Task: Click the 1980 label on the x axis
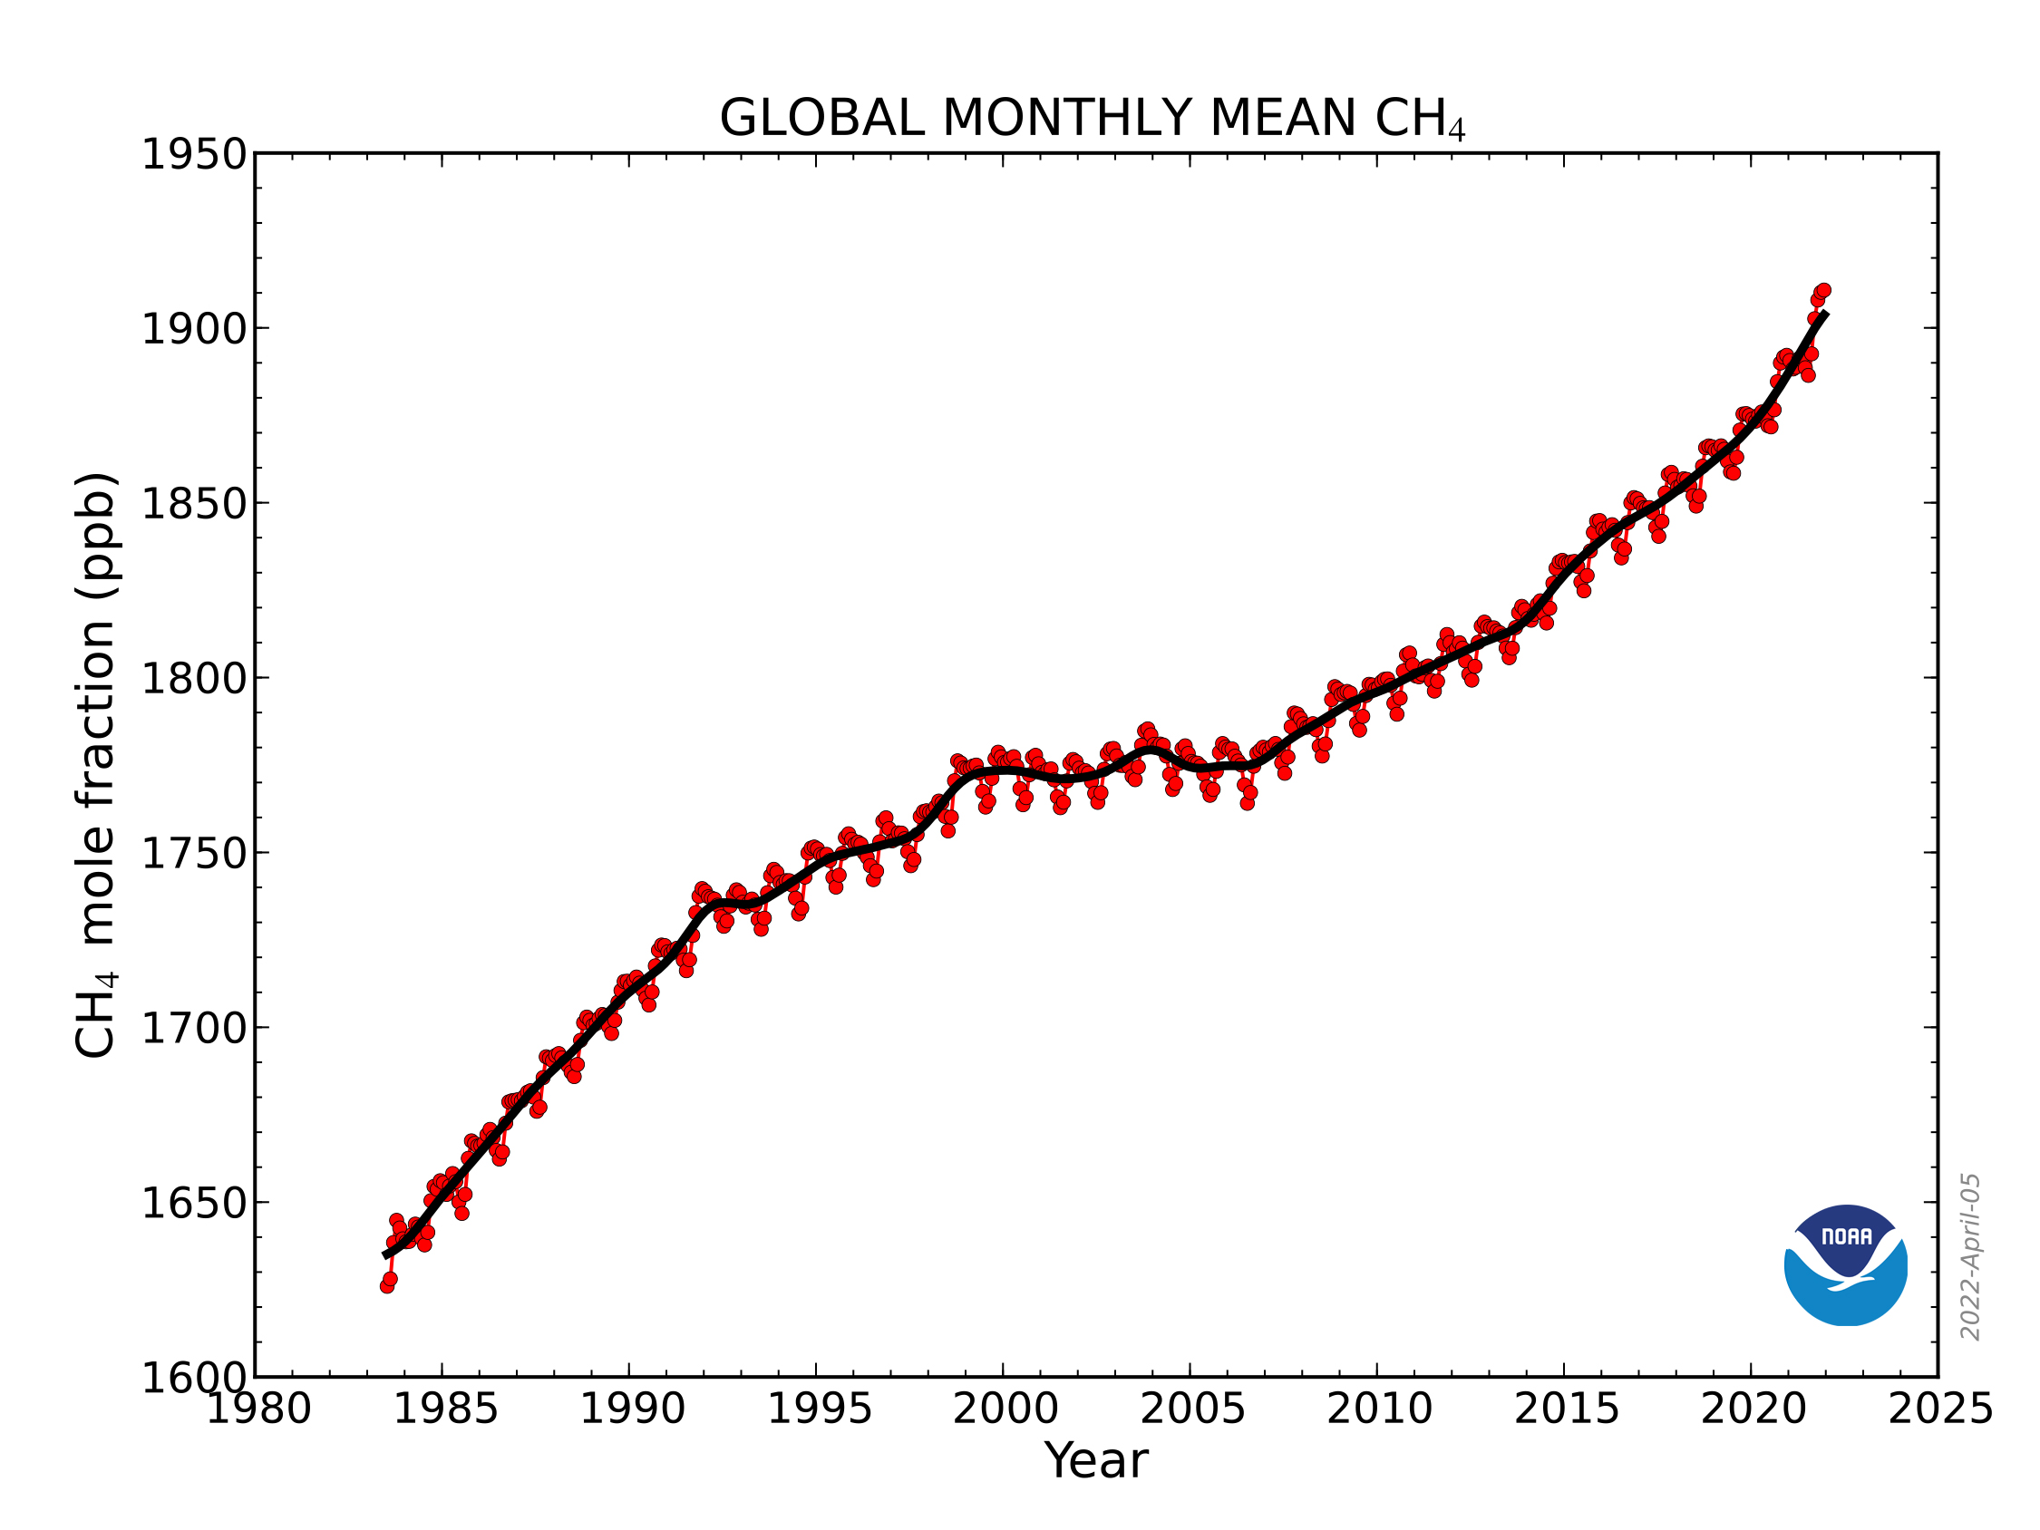click(x=258, y=1409)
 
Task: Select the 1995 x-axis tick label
click(x=819, y=1409)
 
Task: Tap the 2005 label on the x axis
click(x=1192, y=1409)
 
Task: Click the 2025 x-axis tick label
click(x=1940, y=1409)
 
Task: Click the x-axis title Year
click(x=1095, y=1462)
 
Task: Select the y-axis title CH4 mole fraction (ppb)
click(x=96, y=766)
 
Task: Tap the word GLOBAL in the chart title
click(x=821, y=118)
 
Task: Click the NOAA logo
click(x=1845, y=1266)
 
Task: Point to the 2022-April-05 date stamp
click(x=1970, y=1257)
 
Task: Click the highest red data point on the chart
click(x=1823, y=291)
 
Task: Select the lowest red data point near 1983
click(x=386, y=1285)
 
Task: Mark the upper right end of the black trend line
click(x=1825, y=315)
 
